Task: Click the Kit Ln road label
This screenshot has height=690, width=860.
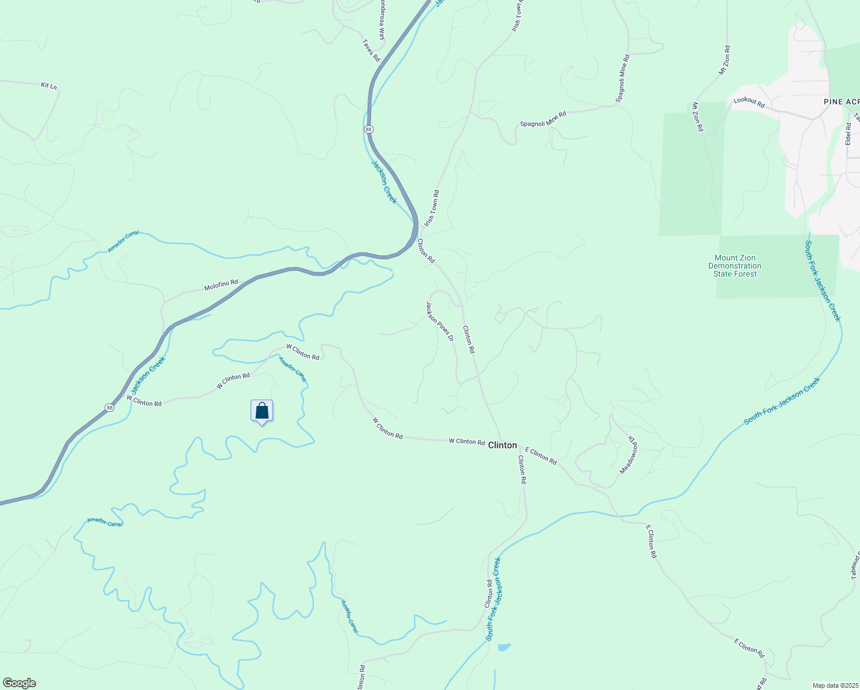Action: pos(49,86)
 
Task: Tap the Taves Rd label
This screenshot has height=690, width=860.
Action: pos(371,51)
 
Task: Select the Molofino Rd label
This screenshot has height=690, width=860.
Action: pos(221,285)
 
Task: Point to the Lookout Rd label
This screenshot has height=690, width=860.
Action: pos(749,102)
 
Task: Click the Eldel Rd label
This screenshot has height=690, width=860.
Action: pos(848,134)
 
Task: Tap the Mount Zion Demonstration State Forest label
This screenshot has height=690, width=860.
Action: pos(735,266)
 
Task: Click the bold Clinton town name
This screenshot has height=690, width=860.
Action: pos(502,445)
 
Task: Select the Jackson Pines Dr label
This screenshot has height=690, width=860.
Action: pos(440,321)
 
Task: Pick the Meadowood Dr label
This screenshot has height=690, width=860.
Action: pos(629,454)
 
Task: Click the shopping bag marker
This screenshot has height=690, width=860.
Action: pos(262,411)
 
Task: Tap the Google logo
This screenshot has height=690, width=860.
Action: pos(20,683)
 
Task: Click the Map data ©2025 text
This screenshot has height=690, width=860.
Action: pos(834,685)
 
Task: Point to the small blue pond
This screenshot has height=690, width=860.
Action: pos(504,647)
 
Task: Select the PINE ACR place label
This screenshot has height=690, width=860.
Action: pos(841,102)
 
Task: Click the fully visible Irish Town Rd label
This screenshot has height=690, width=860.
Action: pos(432,208)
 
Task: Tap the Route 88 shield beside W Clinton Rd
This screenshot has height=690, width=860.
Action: pos(109,408)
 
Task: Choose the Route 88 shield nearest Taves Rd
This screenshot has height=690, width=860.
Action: pos(368,129)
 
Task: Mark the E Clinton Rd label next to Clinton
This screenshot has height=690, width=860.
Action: pos(541,456)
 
